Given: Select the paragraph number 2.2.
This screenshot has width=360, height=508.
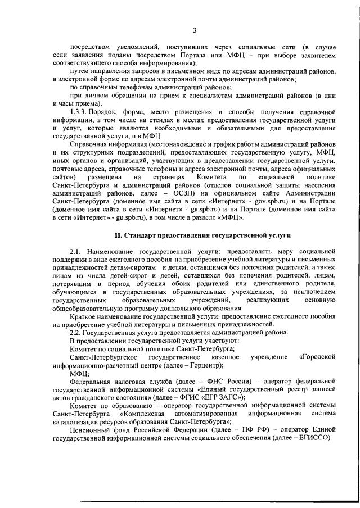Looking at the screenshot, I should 76,332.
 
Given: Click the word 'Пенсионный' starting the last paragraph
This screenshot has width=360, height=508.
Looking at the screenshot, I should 89,429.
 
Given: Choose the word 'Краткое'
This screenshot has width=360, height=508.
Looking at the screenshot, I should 82,316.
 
